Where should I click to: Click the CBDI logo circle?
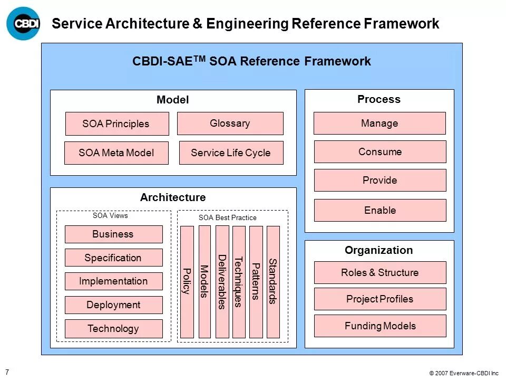[x=23, y=23]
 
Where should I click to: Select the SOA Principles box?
[x=116, y=124]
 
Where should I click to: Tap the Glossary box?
[x=230, y=123]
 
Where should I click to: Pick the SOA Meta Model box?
[x=116, y=153]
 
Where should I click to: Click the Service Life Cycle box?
[x=231, y=153]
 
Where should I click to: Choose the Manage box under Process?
[x=379, y=123]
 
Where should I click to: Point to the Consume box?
[x=380, y=152]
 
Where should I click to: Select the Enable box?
[x=380, y=210]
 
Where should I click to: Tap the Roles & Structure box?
[x=380, y=273]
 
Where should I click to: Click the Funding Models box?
[x=380, y=326]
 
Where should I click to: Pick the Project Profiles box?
[x=380, y=299]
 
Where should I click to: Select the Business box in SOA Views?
[x=113, y=234]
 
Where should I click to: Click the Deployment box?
[x=113, y=305]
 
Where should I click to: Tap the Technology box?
[x=113, y=329]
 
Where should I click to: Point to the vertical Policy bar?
[x=187, y=282]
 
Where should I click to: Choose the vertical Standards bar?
[x=273, y=282]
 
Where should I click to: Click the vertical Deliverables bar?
[x=222, y=282]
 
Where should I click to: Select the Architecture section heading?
[x=173, y=198]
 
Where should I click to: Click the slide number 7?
[x=7, y=372]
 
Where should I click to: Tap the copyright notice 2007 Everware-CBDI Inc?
[x=464, y=373]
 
